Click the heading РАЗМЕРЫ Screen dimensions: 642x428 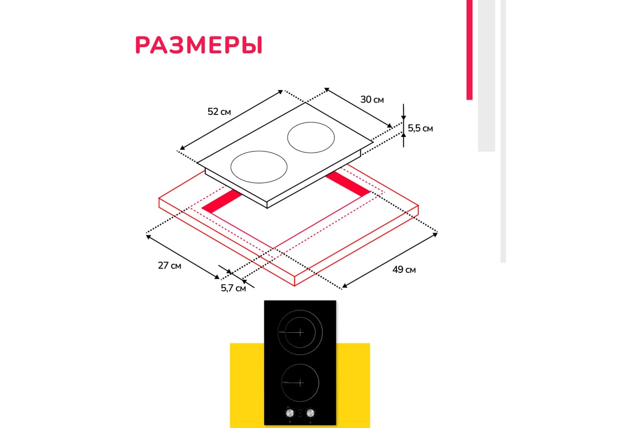click(x=198, y=45)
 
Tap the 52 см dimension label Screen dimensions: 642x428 click(x=219, y=111)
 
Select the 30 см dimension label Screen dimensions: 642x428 click(x=372, y=100)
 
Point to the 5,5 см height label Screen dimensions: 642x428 click(x=420, y=128)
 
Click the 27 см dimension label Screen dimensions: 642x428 click(x=170, y=265)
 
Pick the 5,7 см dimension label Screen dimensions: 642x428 click(x=233, y=288)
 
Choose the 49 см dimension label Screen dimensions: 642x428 click(x=404, y=270)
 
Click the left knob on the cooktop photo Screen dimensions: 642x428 click(x=290, y=413)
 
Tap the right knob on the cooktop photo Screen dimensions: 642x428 click(x=310, y=413)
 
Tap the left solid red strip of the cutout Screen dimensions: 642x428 click(x=222, y=202)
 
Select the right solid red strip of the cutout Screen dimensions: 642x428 click(x=348, y=184)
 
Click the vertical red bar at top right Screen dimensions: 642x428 click(x=469, y=50)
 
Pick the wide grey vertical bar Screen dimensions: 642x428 click(x=486, y=75)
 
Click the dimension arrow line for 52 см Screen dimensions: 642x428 click(x=231, y=120)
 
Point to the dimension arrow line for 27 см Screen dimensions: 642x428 click(x=183, y=257)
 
